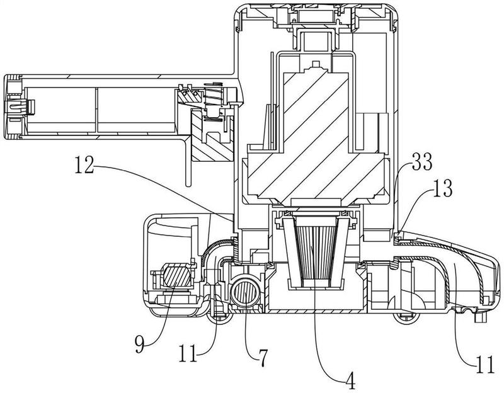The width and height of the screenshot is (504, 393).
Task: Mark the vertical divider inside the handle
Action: click(97, 111)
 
